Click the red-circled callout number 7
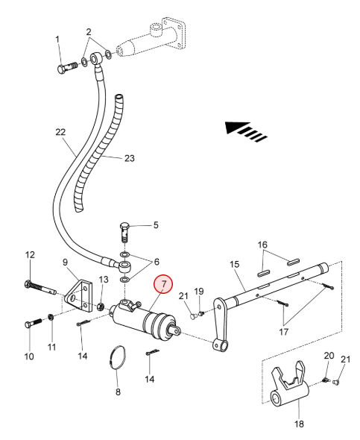pyautogui.click(x=164, y=283)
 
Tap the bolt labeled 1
pyautogui.click(x=68, y=68)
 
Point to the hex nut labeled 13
pyautogui.click(x=101, y=307)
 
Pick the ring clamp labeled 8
pyautogui.click(x=117, y=357)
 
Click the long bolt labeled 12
pyautogui.click(x=41, y=287)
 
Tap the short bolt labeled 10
pyautogui.click(x=34, y=323)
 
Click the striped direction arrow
pyautogui.click(x=246, y=131)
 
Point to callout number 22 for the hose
pyautogui.click(x=60, y=131)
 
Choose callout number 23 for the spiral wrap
pyautogui.click(x=129, y=158)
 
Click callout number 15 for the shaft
pyautogui.click(x=234, y=264)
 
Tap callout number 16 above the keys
pyautogui.click(x=262, y=245)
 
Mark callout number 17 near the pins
pyautogui.click(x=283, y=332)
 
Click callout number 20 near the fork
pyautogui.click(x=329, y=356)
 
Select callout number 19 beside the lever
pyautogui.click(x=199, y=292)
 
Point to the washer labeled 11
pyautogui.click(x=51, y=317)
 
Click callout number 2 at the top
pyautogui.click(x=89, y=32)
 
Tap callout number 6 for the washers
pyautogui.click(x=157, y=262)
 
